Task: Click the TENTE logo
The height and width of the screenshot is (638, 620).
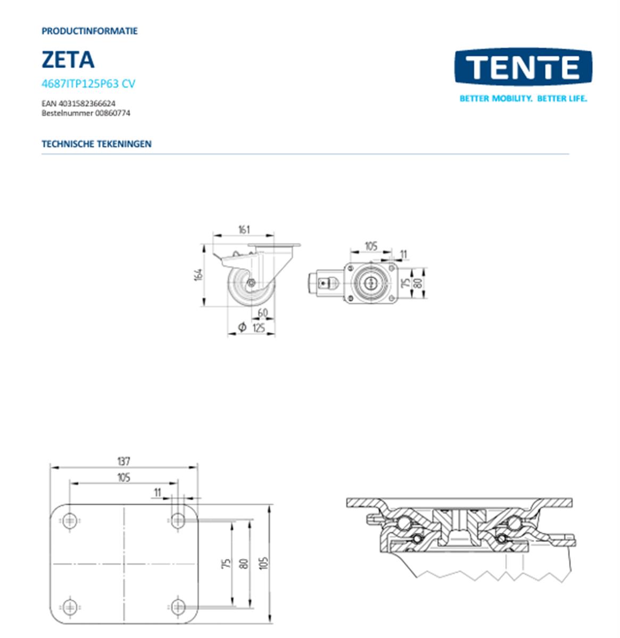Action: [x=523, y=67]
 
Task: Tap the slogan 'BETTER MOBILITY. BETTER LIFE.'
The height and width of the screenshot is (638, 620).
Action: [x=523, y=98]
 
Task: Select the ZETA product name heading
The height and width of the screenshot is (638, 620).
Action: [x=68, y=60]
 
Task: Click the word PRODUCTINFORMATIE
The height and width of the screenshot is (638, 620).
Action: [x=89, y=31]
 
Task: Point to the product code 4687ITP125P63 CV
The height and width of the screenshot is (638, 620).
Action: [x=88, y=83]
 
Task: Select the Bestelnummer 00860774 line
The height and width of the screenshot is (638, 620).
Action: [x=86, y=113]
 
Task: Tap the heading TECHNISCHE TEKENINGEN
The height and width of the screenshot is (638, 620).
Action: [x=96, y=144]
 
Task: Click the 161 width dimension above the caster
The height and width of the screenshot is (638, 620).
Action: [x=243, y=230]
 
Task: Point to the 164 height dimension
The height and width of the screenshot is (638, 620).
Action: [x=199, y=275]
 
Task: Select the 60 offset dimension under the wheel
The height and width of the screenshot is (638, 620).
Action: [x=262, y=313]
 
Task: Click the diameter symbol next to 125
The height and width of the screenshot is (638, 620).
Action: [x=242, y=328]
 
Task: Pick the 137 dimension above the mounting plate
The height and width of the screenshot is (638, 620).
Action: [x=123, y=461]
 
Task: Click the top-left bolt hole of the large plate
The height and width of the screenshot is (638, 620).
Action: [x=70, y=521]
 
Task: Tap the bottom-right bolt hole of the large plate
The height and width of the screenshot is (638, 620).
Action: [x=178, y=606]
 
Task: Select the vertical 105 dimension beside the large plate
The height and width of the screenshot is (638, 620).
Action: [x=264, y=563]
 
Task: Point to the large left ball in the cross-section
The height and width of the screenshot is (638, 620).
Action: [x=403, y=523]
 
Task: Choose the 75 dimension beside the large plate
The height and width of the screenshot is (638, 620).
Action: [x=226, y=563]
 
